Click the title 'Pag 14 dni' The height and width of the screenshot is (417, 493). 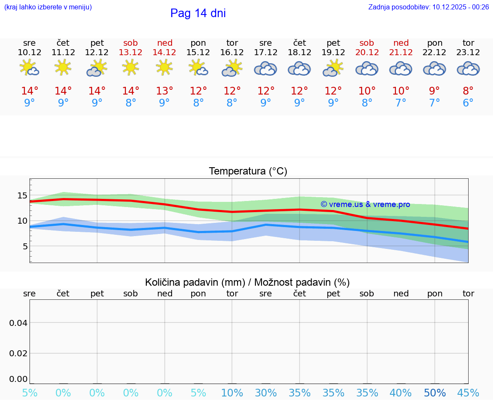(198, 13)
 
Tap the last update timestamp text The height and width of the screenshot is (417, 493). (428, 7)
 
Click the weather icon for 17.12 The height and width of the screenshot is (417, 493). (265, 68)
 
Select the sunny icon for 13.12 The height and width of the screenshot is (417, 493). (131, 68)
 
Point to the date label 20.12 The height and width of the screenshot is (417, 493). (367, 52)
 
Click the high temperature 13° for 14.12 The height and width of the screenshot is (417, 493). (164, 91)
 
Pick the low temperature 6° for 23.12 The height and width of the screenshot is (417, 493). (468, 103)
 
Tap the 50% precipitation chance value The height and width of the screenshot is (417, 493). (435, 393)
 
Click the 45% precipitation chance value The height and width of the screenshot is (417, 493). (468, 393)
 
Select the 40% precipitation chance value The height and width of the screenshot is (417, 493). (401, 393)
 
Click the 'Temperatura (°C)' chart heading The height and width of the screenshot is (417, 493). (248, 171)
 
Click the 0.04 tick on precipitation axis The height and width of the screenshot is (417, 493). (18, 322)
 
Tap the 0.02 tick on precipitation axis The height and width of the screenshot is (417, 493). (18, 353)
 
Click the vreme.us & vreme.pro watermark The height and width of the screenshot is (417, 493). (365, 204)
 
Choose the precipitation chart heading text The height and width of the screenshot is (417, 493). (247, 282)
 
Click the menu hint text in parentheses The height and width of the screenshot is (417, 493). (48, 7)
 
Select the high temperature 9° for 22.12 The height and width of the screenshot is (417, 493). (434, 91)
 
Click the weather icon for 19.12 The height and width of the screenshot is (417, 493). (333, 68)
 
